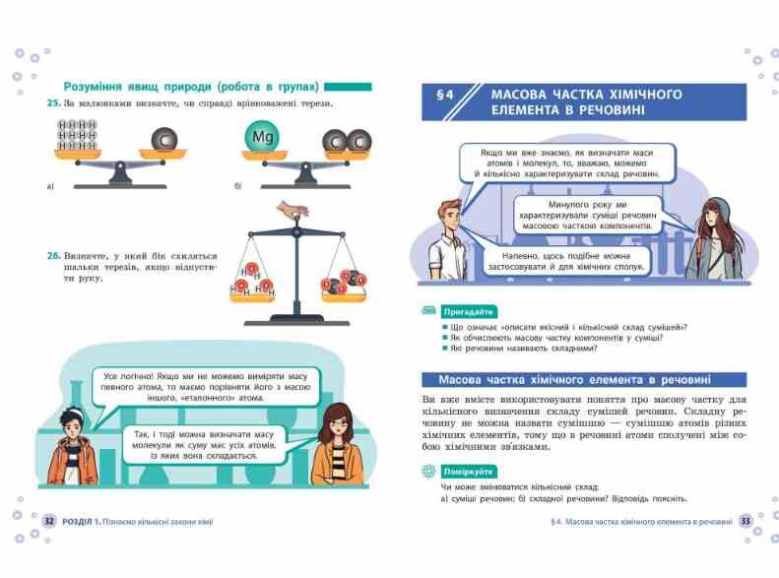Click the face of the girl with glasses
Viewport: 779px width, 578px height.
337,424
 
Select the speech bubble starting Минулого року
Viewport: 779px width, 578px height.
588,216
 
